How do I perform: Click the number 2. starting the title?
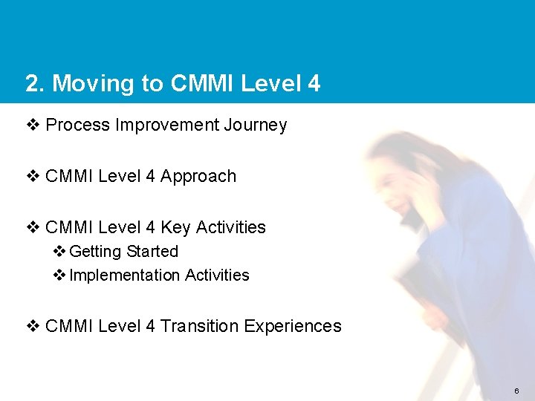(34, 83)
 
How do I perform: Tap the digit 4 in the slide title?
(314, 83)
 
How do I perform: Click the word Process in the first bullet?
(77, 125)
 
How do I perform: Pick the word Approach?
(198, 177)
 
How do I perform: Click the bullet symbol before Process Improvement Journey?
(33, 125)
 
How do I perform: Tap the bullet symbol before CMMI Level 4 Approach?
(33, 177)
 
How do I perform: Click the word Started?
(152, 252)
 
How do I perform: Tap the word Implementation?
(124, 276)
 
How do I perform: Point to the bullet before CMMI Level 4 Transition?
(33, 326)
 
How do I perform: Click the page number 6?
(516, 391)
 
